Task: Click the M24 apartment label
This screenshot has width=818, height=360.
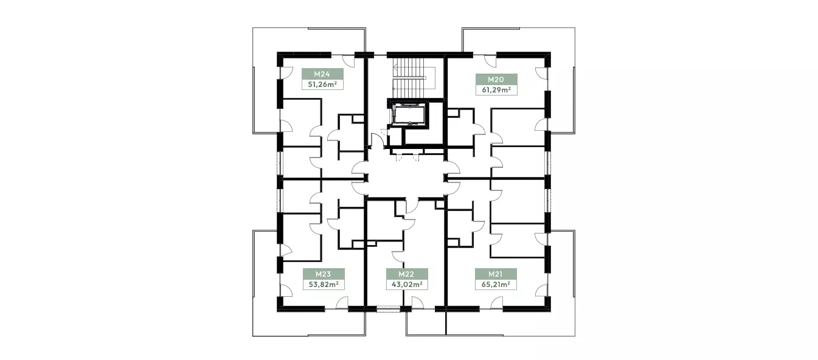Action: (x=322, y=74)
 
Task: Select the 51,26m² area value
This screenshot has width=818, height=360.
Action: (x=322, y=85)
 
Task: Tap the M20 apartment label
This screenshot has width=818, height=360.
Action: (x=496, y=80)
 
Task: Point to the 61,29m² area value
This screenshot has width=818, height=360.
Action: (x=496, y=90)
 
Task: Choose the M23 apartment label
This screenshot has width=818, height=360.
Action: (x=323, y=274)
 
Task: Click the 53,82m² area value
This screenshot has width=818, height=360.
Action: (x=324, y=285)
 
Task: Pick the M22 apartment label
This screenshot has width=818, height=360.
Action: (x=406, y=274)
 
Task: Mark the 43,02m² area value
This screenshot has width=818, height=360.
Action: (x=407, y=285)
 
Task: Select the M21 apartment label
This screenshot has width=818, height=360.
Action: (x=496, y=274)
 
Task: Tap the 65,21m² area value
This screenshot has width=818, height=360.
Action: (x=496, y=285)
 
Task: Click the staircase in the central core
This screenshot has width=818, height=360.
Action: (x=414, y=78)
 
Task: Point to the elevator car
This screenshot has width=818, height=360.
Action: (x=408, y=115)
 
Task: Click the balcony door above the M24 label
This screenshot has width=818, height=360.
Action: (x=93, y=61)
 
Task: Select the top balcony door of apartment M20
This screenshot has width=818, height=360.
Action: (x=490, y=61)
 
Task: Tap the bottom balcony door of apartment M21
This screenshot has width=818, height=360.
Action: (x=497, y=303)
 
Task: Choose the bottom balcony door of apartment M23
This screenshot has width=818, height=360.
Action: (x=342, y=303)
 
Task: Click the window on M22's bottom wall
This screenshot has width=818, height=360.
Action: (x=389, y=309)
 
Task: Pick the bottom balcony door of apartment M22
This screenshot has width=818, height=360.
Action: (x=417, y=303)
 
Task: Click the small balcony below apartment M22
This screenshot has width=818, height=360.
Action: (x=426, y=323)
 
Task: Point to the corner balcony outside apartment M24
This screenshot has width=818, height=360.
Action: (x=265, y=80)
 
